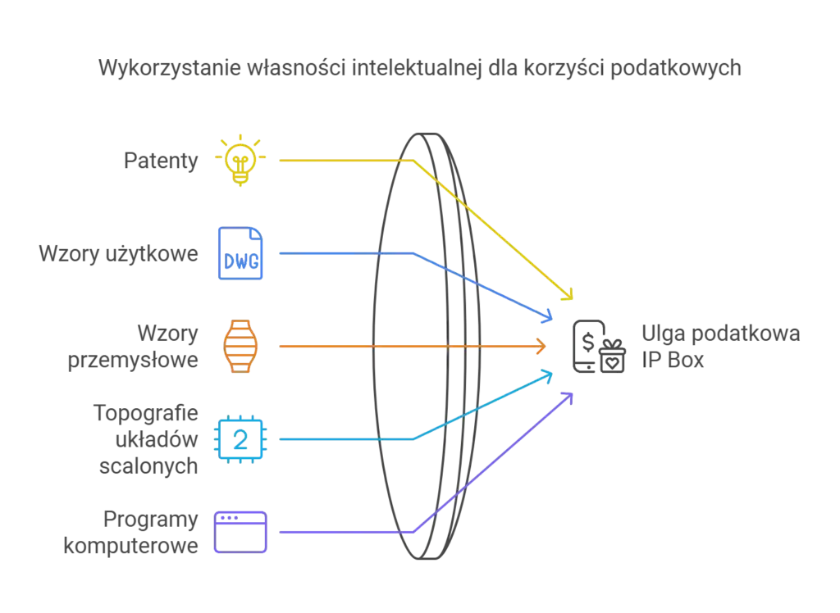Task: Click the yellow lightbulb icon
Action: tap(240, 161)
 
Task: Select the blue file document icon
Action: tap(241, 252)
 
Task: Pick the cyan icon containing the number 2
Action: tap(239, 440)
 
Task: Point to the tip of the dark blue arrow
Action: tap(552, 316)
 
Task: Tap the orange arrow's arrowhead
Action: tap(543, 347)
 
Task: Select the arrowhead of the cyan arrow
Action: tap(552, 374)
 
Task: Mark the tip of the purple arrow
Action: tap(572, 394)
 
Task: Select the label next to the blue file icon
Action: tap(120, 253)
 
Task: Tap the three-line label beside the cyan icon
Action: tap(149, 440)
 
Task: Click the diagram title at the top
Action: tap(419, 69)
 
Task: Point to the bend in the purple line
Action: tap(410, 532)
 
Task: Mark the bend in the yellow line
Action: tap(410, 161)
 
